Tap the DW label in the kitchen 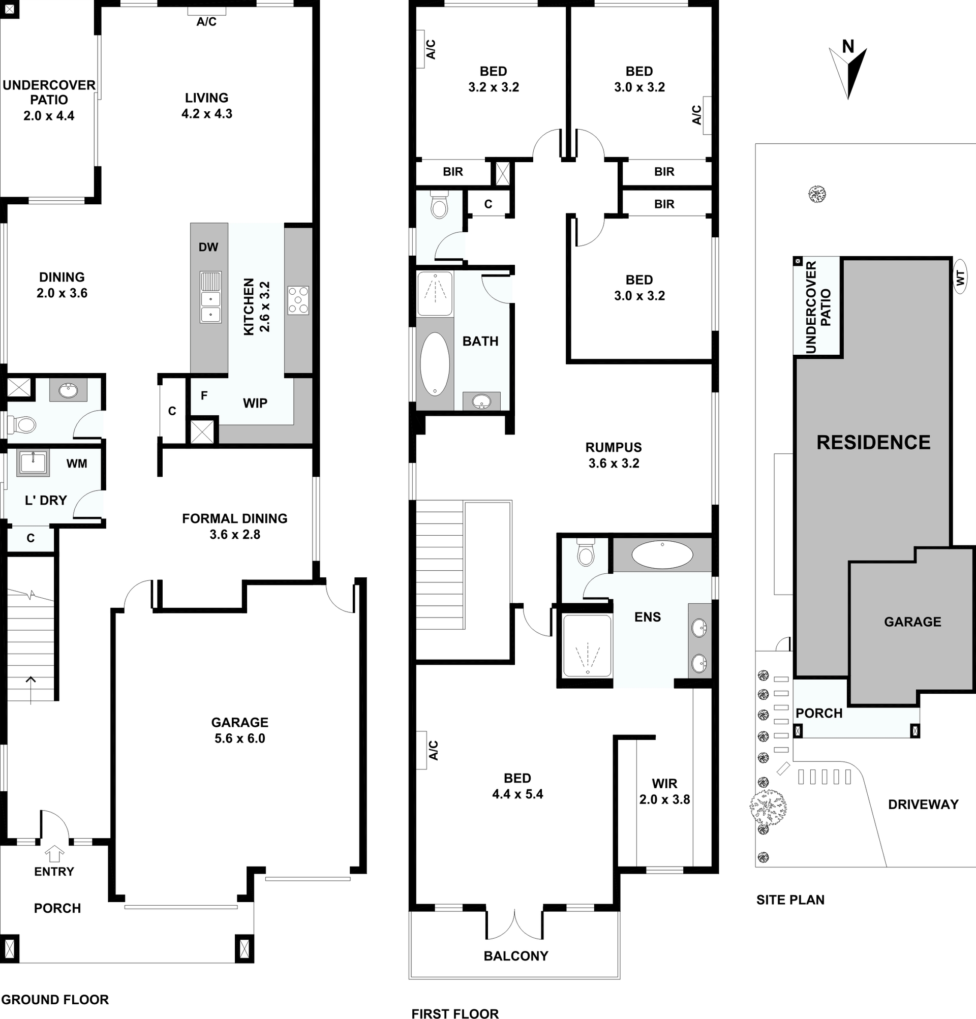[x=208, y=248]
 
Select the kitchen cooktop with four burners [x=298, y=300]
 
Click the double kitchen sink [x=210, y=297]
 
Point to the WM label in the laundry [x=76, y=464]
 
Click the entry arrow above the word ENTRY [x=55, y=855]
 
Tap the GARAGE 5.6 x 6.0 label [x=240, y=730]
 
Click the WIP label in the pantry [x=255, y=403]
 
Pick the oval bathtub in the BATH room [x=435, y=363]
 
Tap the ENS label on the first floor [x=648, y=617]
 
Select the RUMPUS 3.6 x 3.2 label [x=614, y=455]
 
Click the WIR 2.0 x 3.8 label [x=664, y=791]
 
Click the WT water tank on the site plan [x=960, y=278]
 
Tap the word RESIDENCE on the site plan [x=873, y=443]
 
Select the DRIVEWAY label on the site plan [x=923, y=805]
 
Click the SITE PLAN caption [x=790, y=900]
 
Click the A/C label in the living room [x=206, y=22]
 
